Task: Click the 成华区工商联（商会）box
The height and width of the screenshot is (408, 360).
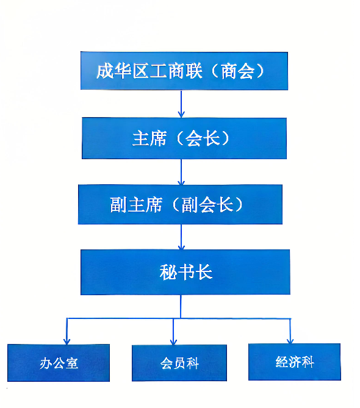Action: coord(184,71)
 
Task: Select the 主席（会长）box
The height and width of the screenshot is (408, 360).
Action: coord(184,138)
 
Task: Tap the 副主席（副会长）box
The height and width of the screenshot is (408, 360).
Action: coord(180,204)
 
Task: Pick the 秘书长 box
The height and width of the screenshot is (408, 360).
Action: coord(185,272)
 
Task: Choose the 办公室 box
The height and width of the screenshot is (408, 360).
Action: coord(59,363)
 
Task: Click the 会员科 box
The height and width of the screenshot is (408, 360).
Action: coord(179,363)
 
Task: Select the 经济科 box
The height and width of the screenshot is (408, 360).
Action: coord(294,362)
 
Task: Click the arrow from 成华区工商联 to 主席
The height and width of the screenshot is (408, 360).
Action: coord(181,104)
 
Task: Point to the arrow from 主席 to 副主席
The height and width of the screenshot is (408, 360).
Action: coord(181,172)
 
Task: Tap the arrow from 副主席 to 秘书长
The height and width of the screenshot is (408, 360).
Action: coord(181,237)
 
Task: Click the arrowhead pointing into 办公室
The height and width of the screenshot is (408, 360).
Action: coord(67,341)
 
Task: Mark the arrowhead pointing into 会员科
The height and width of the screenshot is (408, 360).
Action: coord(173,342)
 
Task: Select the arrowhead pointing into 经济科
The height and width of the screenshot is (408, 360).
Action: coord(290,340)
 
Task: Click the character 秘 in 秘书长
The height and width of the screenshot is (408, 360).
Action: coord(168,272)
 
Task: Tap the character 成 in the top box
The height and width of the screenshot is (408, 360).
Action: coord(105,71)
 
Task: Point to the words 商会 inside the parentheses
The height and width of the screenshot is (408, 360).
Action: coord(238,71)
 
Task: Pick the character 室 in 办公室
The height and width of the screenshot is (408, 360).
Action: coord(72,363)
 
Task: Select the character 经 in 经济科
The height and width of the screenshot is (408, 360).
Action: coord(282,362)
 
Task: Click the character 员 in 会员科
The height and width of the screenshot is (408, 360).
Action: coord(179,363)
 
